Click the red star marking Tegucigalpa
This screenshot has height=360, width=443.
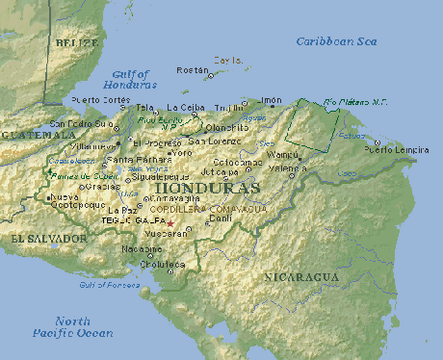point(171,222)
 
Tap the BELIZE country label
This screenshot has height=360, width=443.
point(76,43)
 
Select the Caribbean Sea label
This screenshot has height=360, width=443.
point(336,41)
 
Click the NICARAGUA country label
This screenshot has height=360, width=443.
point(301,277)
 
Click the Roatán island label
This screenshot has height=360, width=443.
point(192,70)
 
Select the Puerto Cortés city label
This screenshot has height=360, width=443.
point(100,99)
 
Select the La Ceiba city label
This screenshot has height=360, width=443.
point(186,108)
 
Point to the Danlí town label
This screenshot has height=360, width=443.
point(221,219)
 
